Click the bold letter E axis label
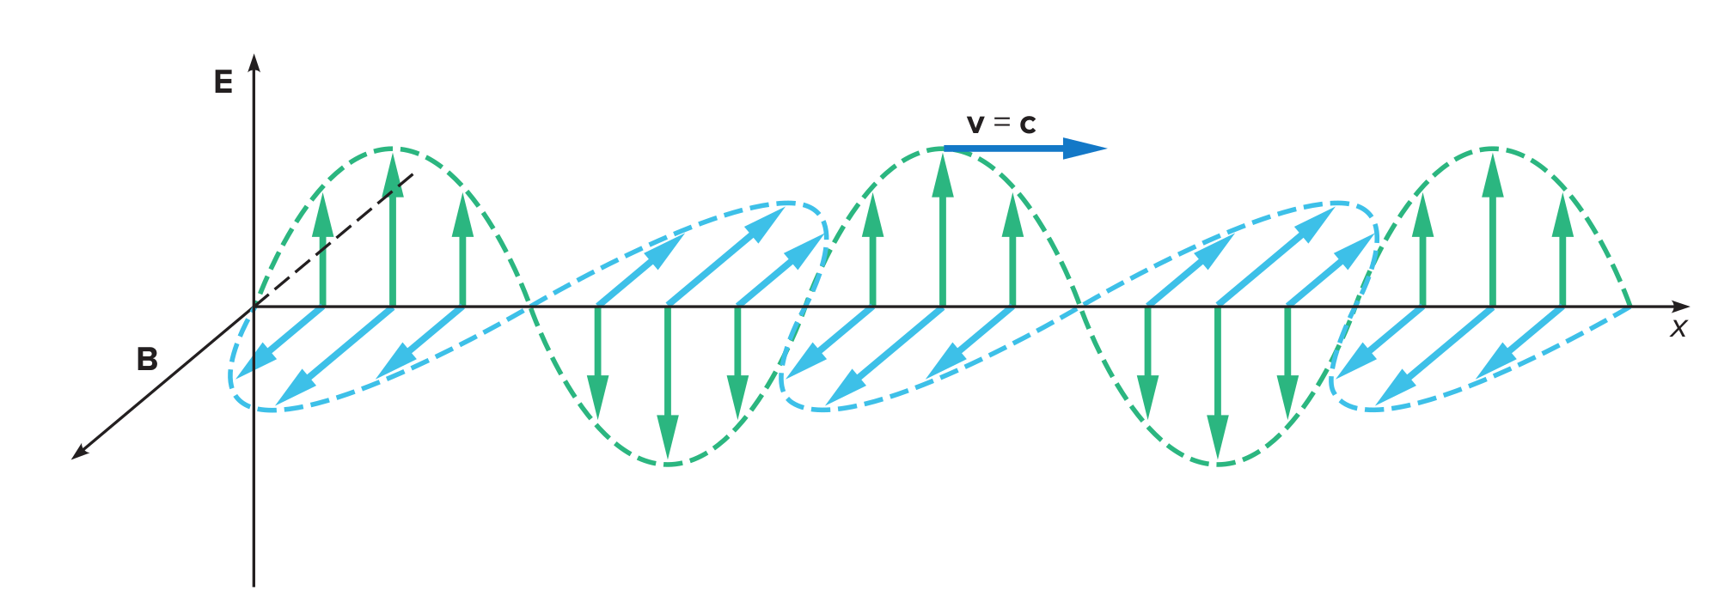(x=223, y=82)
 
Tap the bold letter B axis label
(x=147, y=359)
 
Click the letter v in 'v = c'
(x=975, y=125)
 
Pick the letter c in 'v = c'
(x=1027, y=125)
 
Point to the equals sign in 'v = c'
(x=1001, y=123)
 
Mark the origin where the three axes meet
(x=254, y=307)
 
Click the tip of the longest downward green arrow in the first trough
(x=668, y=459)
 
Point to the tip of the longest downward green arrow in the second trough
(x=1218, y=459)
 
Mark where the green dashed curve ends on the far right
(x=1630, y=306)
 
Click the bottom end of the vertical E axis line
(x=254, y=586)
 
